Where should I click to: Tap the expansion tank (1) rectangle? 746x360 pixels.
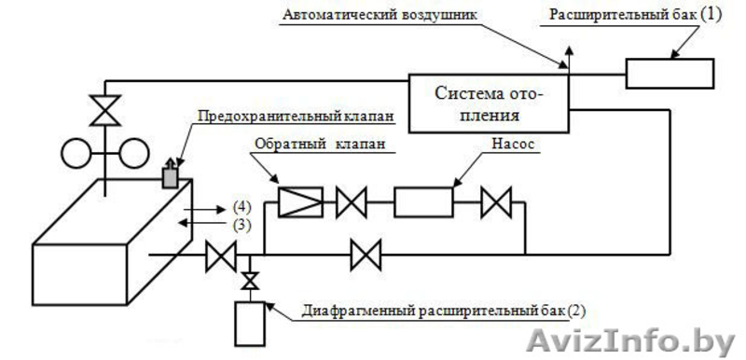click(669, 74)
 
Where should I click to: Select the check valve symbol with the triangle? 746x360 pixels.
click(300, 201)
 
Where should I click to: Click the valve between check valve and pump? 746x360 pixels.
click(352, 201)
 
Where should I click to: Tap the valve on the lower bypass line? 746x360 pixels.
click(365, 252)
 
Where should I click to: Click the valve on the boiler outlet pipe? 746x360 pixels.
click(221, 253)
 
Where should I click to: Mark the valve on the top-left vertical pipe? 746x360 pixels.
click(107, 110)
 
